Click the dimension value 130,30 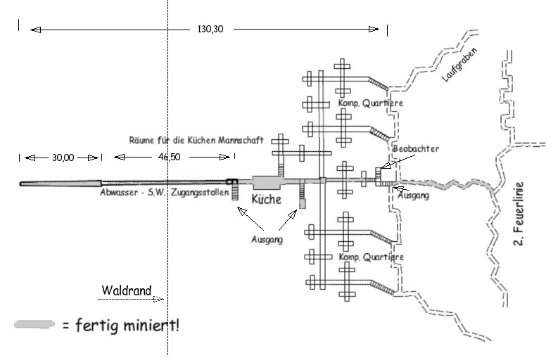pos(205,30)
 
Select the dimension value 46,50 pos(170,157)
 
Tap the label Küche pos(267,200)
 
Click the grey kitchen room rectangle pos(266,181)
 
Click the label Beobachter pos(416,149)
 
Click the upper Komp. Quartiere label pos(371,103)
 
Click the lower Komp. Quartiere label pos(371,257)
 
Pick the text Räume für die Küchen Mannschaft pos(197,141)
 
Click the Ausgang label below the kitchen pos(267,239)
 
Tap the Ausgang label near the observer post pos(413,195)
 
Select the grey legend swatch pos(34,324)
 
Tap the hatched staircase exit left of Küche pos(236,192)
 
